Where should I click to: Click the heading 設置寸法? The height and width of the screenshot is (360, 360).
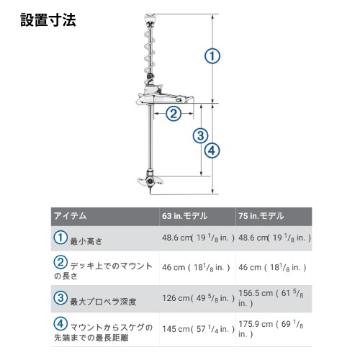click(48, 19)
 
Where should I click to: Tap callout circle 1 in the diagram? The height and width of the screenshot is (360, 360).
click(212, 56)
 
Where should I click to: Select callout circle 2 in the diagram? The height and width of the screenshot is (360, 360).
click(174, 114)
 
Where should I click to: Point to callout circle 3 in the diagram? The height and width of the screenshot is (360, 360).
click(200, 135)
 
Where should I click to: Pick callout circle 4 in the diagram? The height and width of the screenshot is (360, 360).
click(212, 150)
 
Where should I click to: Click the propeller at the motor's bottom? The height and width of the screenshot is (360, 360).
click(150, 181)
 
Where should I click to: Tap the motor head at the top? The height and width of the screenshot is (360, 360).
click(151, 18)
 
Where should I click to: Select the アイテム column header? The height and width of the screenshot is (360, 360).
click(70, 216)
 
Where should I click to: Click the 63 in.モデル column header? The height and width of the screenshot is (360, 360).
click(184, 216)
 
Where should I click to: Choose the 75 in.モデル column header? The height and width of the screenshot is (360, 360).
click(261, 216)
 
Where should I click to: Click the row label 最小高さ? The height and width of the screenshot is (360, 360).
click(86, 241)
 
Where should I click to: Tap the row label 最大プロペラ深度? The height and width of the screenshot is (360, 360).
click(103, 302)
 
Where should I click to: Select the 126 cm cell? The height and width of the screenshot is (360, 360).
click(198, 298)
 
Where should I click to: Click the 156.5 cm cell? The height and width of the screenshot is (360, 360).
click(271, 298)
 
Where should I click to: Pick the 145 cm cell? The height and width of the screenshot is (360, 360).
click(198, 329)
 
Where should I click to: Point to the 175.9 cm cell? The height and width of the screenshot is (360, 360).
click(271, 328)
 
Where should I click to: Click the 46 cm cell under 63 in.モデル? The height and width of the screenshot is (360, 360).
click(196, 267)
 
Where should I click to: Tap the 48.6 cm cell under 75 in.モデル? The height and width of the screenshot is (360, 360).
click(274, 238)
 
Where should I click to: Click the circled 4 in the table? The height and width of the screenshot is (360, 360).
click(60, 323)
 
